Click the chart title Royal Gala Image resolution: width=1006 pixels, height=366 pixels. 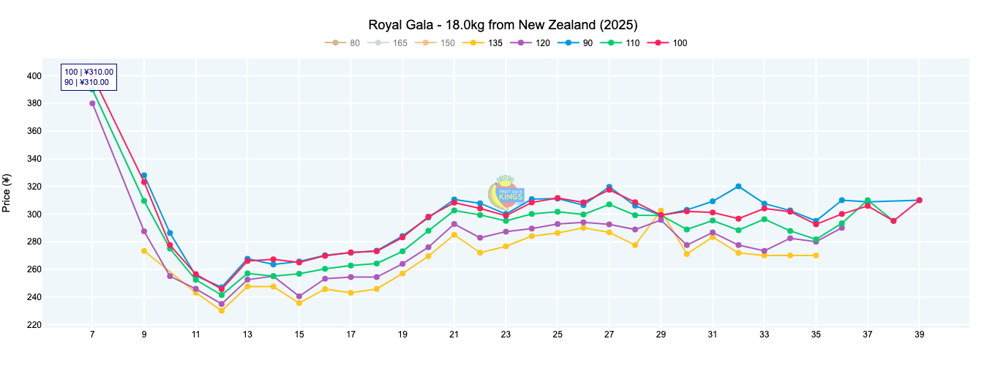pos(503,25)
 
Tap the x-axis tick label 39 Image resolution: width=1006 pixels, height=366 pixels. pos(919,335)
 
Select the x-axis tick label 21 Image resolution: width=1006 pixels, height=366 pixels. pos(454,335)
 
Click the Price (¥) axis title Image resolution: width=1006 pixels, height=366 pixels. pos(7,193)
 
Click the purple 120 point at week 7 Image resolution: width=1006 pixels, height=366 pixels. pos(92,103)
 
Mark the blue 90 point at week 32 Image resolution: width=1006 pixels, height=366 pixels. pos(738,186)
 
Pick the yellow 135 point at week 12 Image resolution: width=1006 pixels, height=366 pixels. pos(222,310)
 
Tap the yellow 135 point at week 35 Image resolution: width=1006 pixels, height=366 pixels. pos(816,255)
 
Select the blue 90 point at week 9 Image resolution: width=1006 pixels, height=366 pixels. pos(144,176)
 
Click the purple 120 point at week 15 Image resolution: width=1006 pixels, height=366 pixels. pos(299,296)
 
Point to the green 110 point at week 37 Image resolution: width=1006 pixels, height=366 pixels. pos(868,201)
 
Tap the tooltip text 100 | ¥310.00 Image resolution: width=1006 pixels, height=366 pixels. pos(89,72)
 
